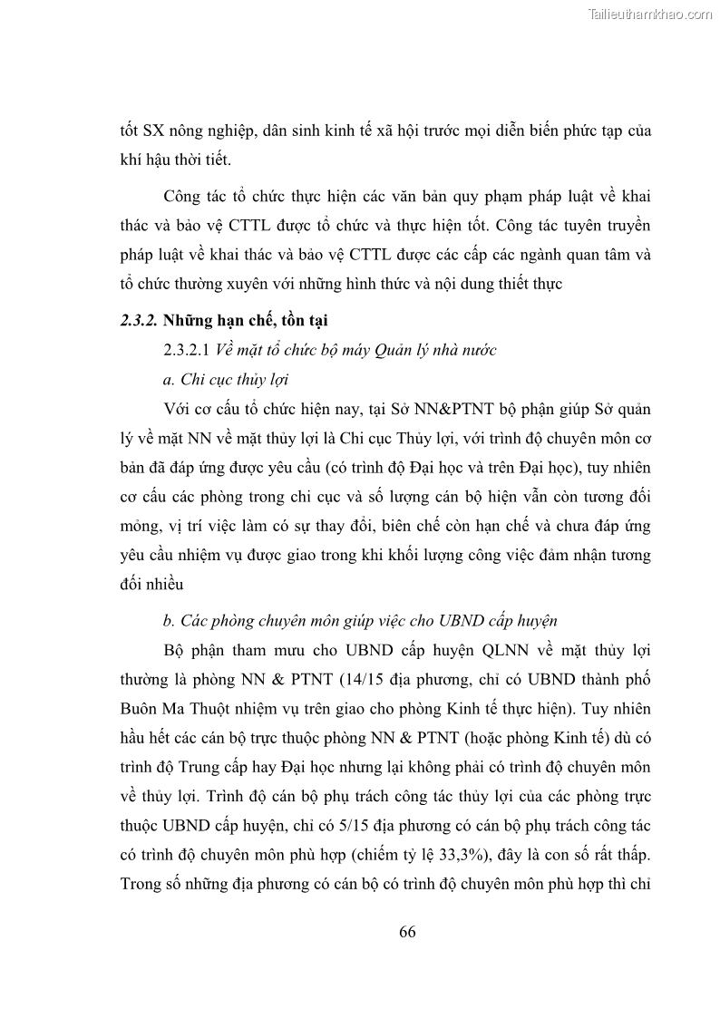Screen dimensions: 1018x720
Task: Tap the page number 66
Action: pos(407,932)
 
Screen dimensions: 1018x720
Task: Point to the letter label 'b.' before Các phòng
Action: pos(169,622)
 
